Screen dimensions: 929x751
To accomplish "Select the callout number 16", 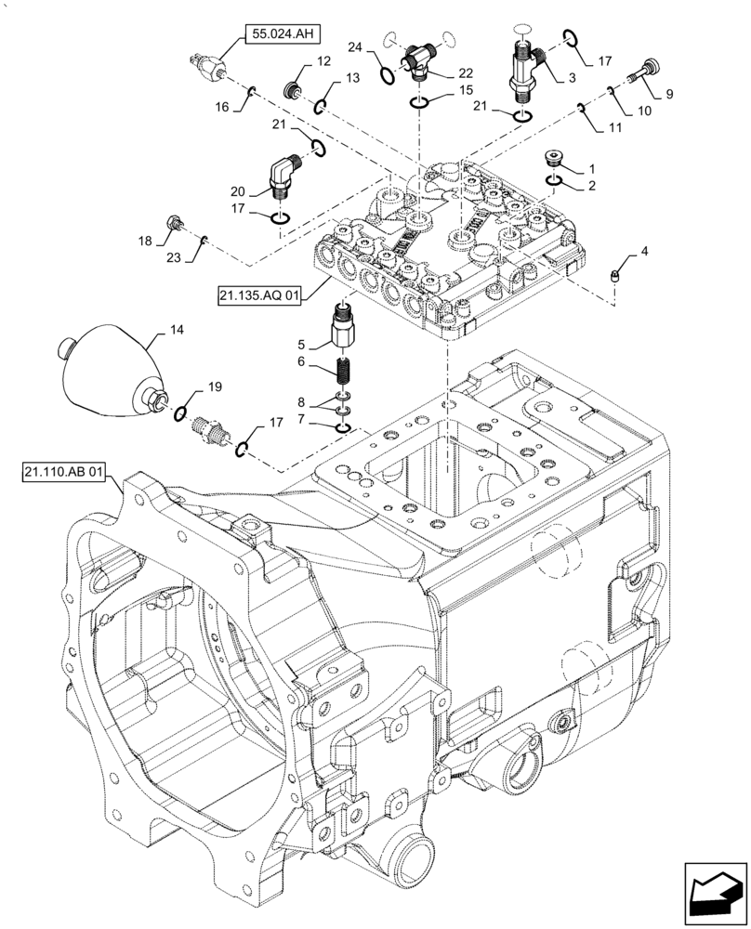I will coord(223,107).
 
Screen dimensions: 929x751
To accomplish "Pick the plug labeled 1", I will coord(555,159).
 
